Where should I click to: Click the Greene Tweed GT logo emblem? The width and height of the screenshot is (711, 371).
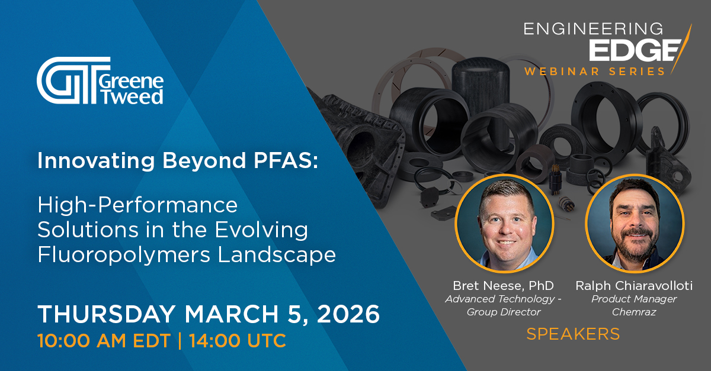click(x=73, y=80)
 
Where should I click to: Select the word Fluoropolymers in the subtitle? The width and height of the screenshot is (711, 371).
click(x=124, y=255)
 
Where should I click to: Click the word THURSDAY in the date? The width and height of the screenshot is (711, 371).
click(x=107, y=314)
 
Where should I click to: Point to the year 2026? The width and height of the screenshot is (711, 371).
click(x=348, y=314)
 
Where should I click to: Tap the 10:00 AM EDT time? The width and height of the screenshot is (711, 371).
click(x=104, y=341)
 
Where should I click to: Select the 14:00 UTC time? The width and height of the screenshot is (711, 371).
click(x=238, y=341)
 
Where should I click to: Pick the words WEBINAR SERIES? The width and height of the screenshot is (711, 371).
click(x=594, y=72)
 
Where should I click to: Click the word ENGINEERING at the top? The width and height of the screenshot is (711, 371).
click(x=593, y=29)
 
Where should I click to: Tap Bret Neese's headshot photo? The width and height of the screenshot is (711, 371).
click(x=504, y=223)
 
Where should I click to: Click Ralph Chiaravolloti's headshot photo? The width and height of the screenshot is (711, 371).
click(x=635, y=223)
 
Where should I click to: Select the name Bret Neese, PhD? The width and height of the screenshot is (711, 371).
click(x=504, y=286)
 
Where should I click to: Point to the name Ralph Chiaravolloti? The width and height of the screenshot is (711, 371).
click(x=634, y=286)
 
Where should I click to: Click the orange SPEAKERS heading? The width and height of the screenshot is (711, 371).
click(x=573, y=334)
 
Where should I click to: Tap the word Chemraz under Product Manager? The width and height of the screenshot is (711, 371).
click(x=634, y=312)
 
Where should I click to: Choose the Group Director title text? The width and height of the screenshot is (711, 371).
click(x=504, y=312)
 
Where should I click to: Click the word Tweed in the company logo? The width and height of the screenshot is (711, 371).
click(x=132, y=96)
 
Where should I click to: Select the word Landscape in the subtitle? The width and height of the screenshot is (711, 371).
click(x=277, y=255)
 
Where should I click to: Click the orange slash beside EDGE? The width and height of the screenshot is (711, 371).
click(x=681, y=49)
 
